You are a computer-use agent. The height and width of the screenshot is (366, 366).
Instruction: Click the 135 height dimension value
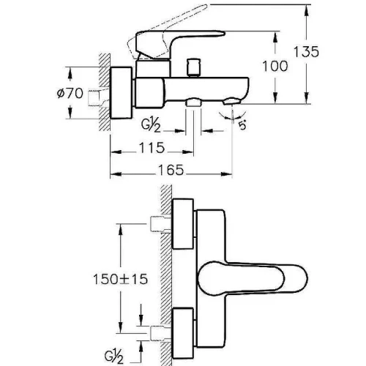point(306,51)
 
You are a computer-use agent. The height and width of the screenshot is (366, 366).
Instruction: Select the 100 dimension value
point(275,66)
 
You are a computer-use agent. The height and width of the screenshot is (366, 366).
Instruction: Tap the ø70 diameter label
point(70,93)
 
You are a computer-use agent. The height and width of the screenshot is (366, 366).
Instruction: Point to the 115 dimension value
point(152,148)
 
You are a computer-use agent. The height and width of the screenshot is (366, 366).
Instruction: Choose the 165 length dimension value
point(171,170)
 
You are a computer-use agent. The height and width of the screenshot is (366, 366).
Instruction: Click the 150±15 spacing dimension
point(121,279)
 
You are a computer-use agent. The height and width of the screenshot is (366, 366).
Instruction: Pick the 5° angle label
point(242,126)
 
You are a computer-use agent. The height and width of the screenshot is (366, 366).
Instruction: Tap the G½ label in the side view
point(151,126)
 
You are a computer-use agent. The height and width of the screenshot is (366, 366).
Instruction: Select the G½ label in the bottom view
point(114,357)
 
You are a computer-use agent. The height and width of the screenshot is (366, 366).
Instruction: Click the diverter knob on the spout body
point(193,67)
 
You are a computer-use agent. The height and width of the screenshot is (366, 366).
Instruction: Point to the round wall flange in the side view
point(122,93)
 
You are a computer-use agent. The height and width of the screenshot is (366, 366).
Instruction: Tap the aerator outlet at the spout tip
point(232,102)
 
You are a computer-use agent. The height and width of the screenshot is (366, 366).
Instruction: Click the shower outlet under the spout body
point(193,102)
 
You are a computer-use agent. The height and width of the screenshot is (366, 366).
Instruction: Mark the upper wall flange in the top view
point(183,224)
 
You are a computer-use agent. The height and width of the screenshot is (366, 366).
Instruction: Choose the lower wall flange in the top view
point(183,333)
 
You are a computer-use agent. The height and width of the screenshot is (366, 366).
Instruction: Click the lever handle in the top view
point(253,279)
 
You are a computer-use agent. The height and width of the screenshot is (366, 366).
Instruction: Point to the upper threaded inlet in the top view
point(160,224)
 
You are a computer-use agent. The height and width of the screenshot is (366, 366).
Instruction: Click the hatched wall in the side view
point(105,92)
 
